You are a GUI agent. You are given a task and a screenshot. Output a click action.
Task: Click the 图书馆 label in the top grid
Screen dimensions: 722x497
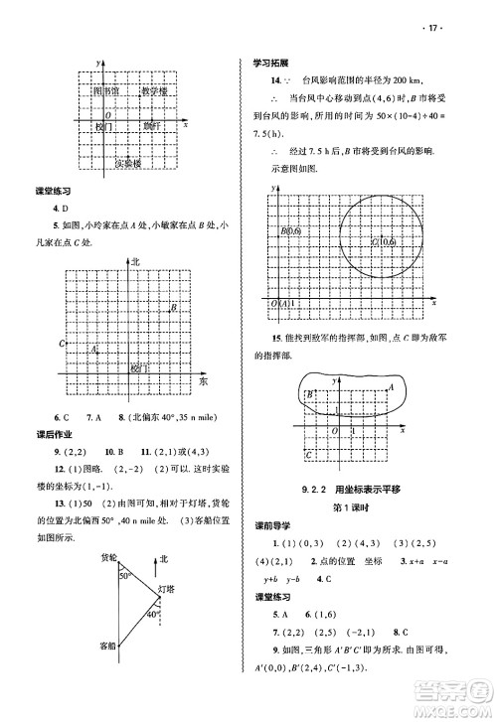click(104, 90)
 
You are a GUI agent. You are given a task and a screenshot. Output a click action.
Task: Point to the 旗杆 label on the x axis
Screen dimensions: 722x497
click(150, 126)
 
